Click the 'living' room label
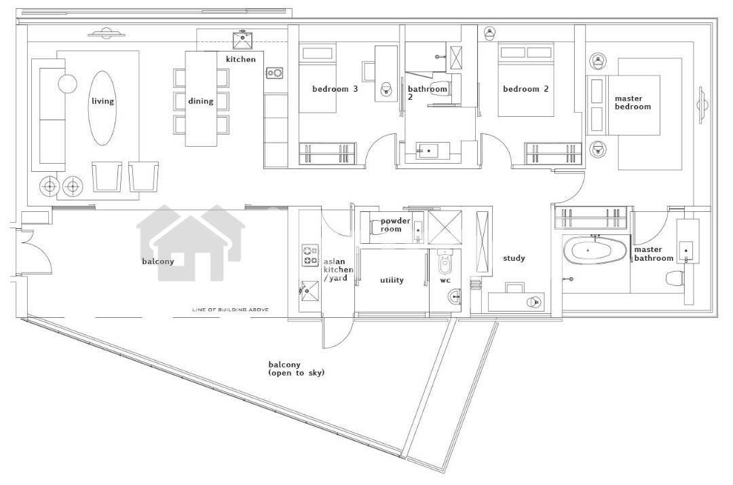coord(102,101)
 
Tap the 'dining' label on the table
coord(200,101)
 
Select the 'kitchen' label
coord(241,59)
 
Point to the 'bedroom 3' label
coord(335,89)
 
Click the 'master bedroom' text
coord(633,103)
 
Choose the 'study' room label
coord(514,258)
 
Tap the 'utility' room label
coord(392,280)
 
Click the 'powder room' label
coord(395,225)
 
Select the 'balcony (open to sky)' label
coord(297,369)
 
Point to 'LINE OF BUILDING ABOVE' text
coord(231,310)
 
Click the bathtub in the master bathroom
coord(595,250)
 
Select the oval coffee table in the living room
coord(102,108)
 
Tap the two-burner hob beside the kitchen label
coord(274,73)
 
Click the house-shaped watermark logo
coord(191,243)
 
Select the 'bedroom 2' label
coord(526,89)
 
